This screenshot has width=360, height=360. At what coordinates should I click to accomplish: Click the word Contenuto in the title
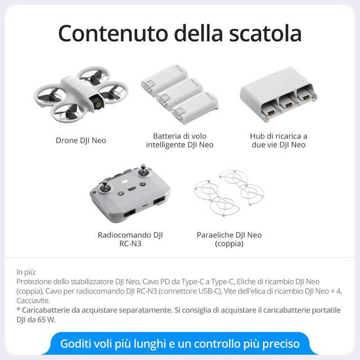point(113,33)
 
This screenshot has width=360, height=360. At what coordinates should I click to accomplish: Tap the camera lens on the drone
point(99,104)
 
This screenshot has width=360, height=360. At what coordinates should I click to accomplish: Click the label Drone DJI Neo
point(81,140)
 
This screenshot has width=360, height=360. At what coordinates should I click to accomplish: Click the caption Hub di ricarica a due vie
point(278,140)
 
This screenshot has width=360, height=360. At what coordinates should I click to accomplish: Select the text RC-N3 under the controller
point(130,244)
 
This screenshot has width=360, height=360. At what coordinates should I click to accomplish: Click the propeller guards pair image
point(229,193)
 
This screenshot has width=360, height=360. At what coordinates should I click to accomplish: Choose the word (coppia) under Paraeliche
point(229,244)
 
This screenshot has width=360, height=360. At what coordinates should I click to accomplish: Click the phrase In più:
point(26,272)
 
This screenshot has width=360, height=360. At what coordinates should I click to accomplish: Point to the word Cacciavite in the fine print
point(33,300)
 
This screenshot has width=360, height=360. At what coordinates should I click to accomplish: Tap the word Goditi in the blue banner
point(74,344)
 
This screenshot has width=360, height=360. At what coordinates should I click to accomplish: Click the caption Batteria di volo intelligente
point(179,140)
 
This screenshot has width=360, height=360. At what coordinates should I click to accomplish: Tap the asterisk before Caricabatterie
point(19,309)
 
